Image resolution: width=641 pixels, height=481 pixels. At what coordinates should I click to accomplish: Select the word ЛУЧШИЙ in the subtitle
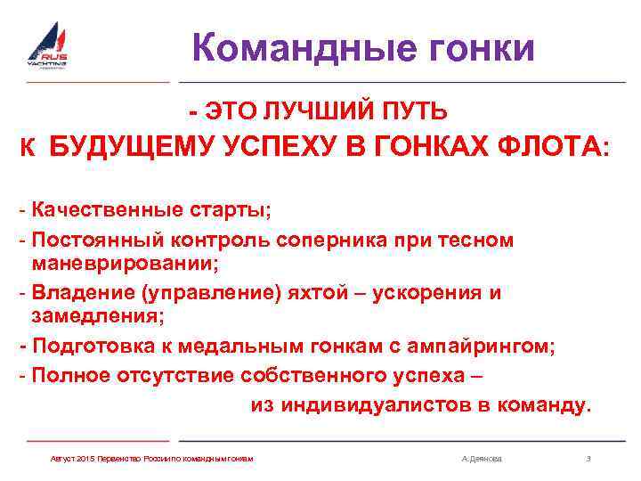(304, 111)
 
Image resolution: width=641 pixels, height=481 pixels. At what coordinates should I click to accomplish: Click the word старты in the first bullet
(234, 211)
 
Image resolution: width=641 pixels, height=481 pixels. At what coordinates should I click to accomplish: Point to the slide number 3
(588, 459)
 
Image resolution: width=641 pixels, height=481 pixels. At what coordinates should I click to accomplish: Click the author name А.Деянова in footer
(482, 459)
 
